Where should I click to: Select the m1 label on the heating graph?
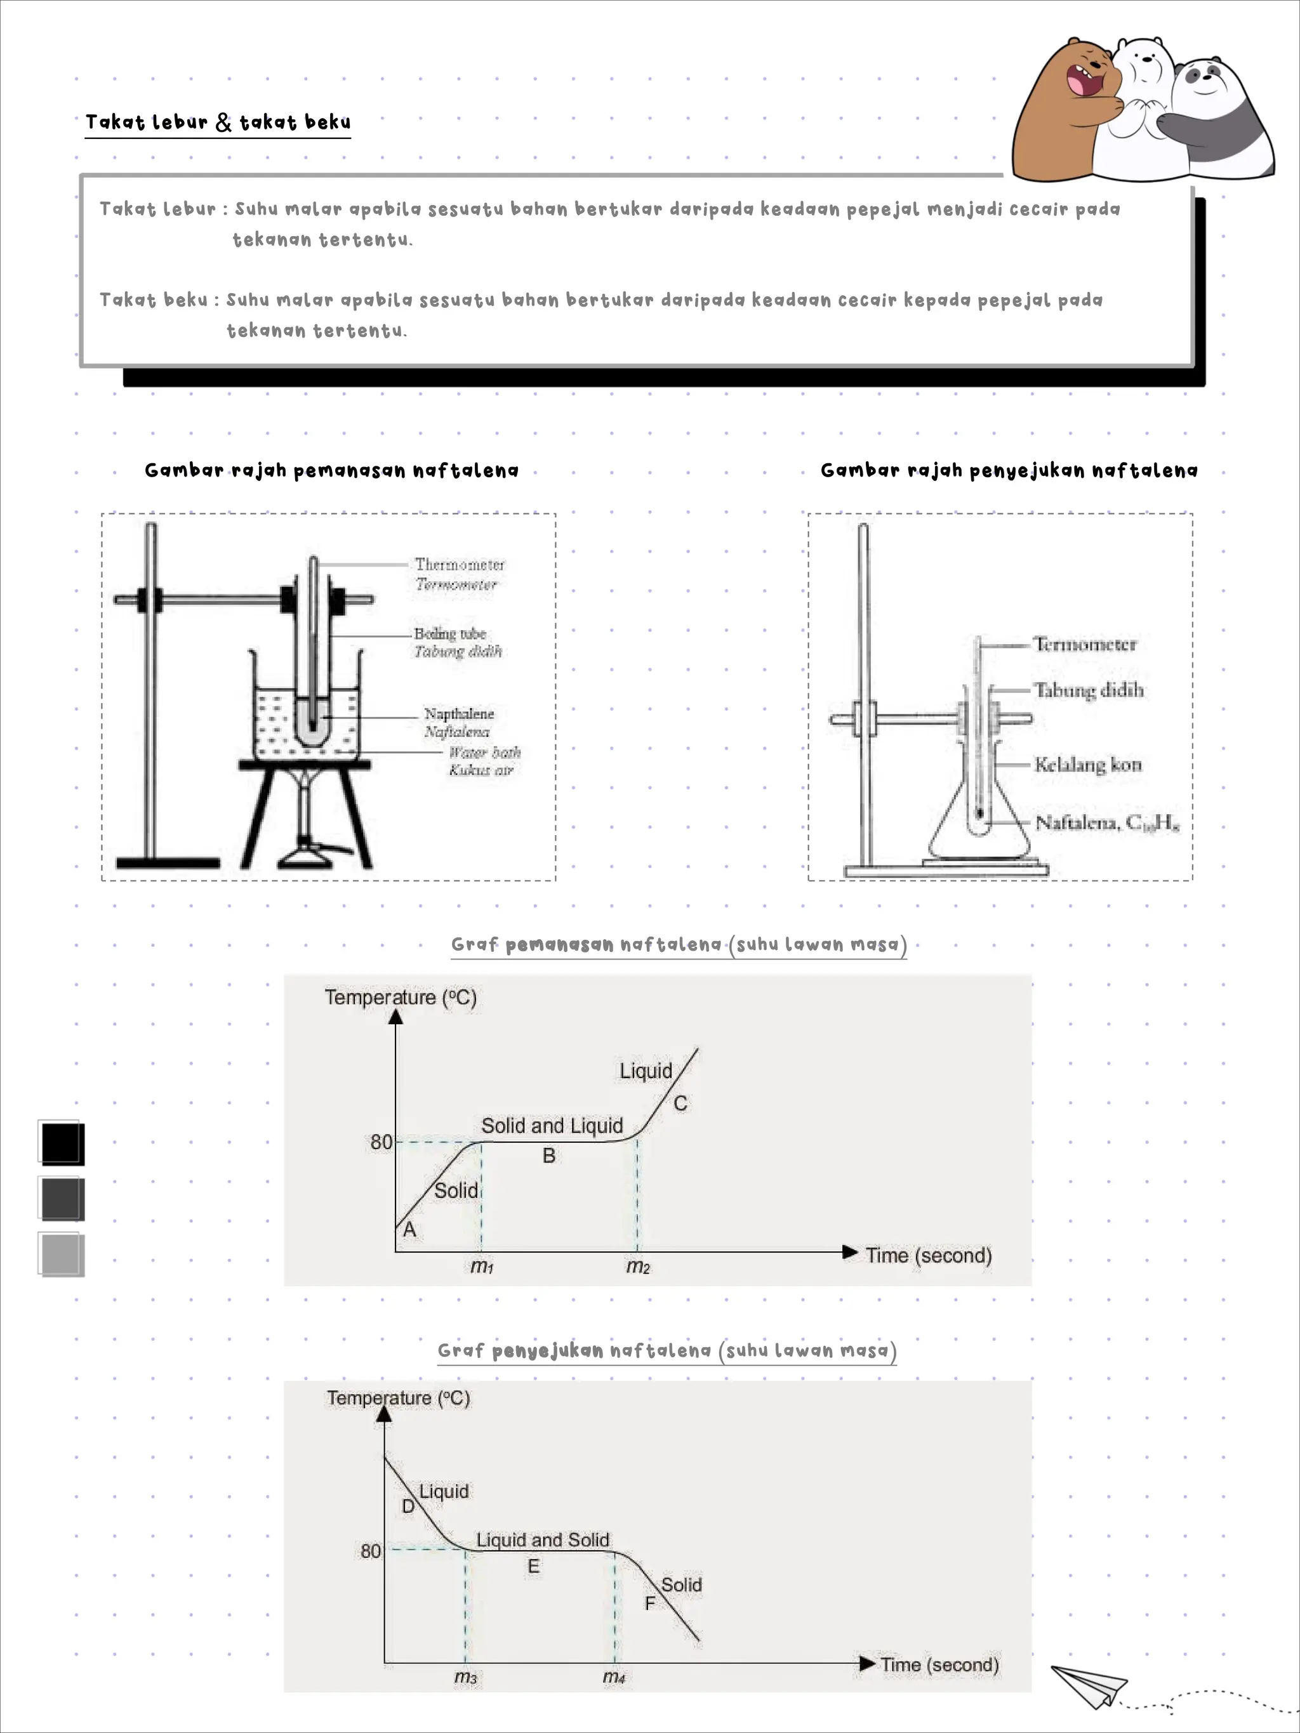[482, 1267]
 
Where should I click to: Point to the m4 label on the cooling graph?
[614, 1677]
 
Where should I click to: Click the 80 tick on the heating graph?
[381, 1142]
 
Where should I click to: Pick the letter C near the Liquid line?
[680, 1103]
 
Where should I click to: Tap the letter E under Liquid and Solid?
[534, 1566]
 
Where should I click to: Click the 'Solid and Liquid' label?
[552, 1126]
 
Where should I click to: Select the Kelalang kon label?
[1087, 765]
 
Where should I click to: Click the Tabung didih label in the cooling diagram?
[1089, 690]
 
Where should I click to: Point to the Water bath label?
[484, 753]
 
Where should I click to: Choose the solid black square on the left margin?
[61, 1143]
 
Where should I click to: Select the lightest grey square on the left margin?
[61, 1255]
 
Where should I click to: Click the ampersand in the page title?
[223, 122]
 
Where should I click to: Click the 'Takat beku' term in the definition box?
[154, 300]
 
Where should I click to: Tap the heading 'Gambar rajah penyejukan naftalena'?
[1009, 471]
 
